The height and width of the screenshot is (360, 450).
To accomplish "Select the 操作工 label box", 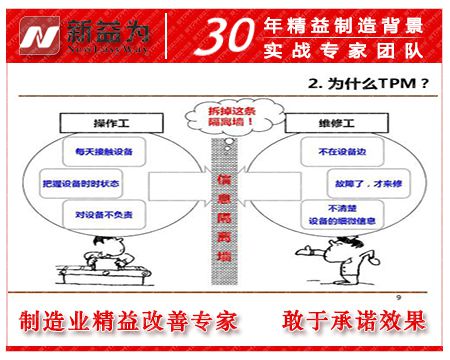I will [x=98, y=122].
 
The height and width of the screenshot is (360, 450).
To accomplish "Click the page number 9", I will [x=399, y=296].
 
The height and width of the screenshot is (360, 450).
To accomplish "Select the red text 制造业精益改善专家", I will [x=129, y=322].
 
